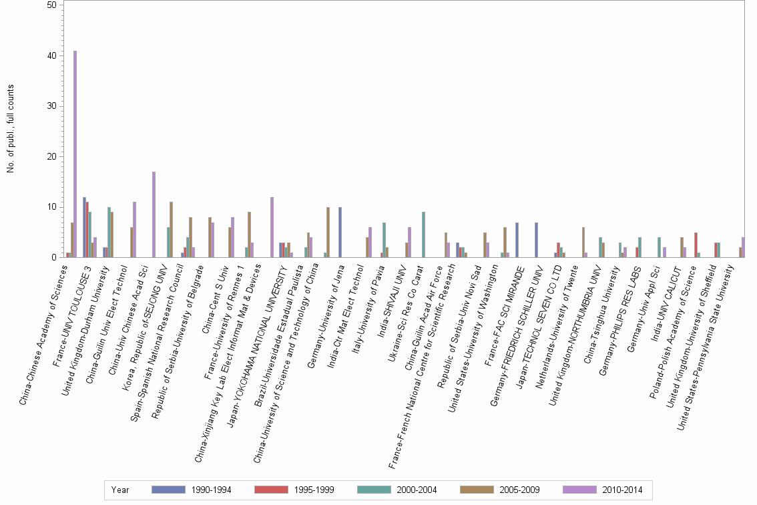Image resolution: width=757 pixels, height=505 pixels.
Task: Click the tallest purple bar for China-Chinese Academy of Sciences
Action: (x=75, y=154)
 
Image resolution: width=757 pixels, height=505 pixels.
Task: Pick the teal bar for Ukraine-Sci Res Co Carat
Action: (x=423, y=234)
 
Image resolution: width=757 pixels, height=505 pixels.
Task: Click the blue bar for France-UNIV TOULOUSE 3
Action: (x=84, y=227)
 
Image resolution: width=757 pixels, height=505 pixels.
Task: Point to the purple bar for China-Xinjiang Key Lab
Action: (x=272, y=227)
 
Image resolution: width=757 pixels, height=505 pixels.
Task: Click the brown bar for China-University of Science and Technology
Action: (x=328, y=232)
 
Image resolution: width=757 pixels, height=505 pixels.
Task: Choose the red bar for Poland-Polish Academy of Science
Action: (x=696, y=244)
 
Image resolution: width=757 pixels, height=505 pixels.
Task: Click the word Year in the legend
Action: (x=120, y=490)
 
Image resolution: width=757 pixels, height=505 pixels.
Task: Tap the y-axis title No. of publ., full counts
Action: (x=11, y=129)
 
